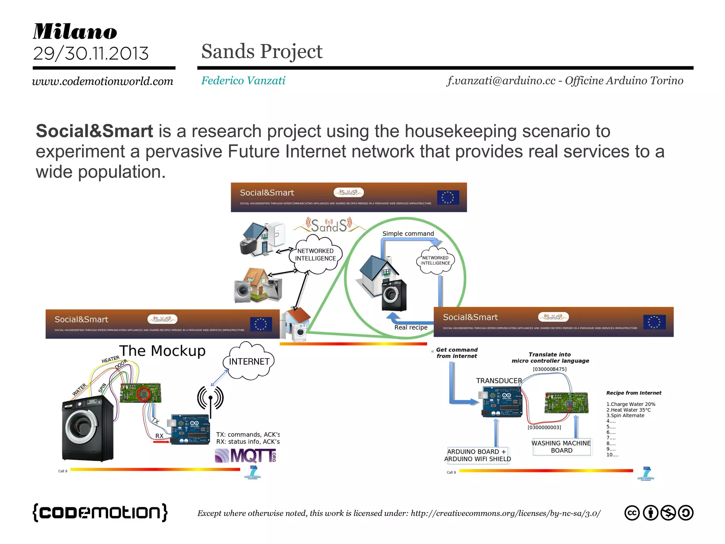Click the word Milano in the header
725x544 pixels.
75,32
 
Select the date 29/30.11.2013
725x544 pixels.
91,54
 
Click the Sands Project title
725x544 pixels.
262,51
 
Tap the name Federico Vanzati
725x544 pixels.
243,81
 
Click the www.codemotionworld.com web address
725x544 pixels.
103,81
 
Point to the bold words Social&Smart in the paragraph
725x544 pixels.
94,131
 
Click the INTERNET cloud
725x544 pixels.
249,362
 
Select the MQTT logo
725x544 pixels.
245,456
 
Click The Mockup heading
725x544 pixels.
162,351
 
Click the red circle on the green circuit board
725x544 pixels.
144,393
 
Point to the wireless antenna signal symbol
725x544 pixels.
210,398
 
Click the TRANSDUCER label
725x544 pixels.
499,381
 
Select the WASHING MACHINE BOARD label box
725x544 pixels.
561,447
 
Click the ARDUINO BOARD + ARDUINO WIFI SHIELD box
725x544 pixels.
478,455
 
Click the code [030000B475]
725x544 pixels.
549,369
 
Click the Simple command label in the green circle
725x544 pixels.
408,234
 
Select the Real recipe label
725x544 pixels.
411,328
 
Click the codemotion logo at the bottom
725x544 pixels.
100,512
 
